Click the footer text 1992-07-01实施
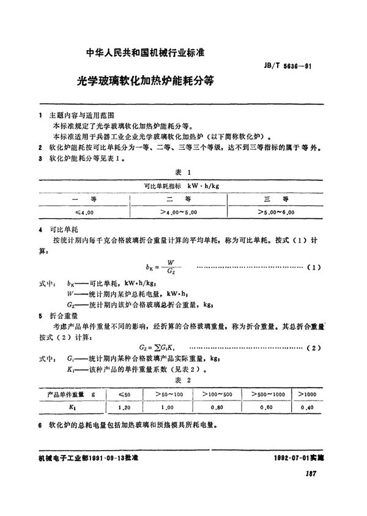click(x=299, y=457)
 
